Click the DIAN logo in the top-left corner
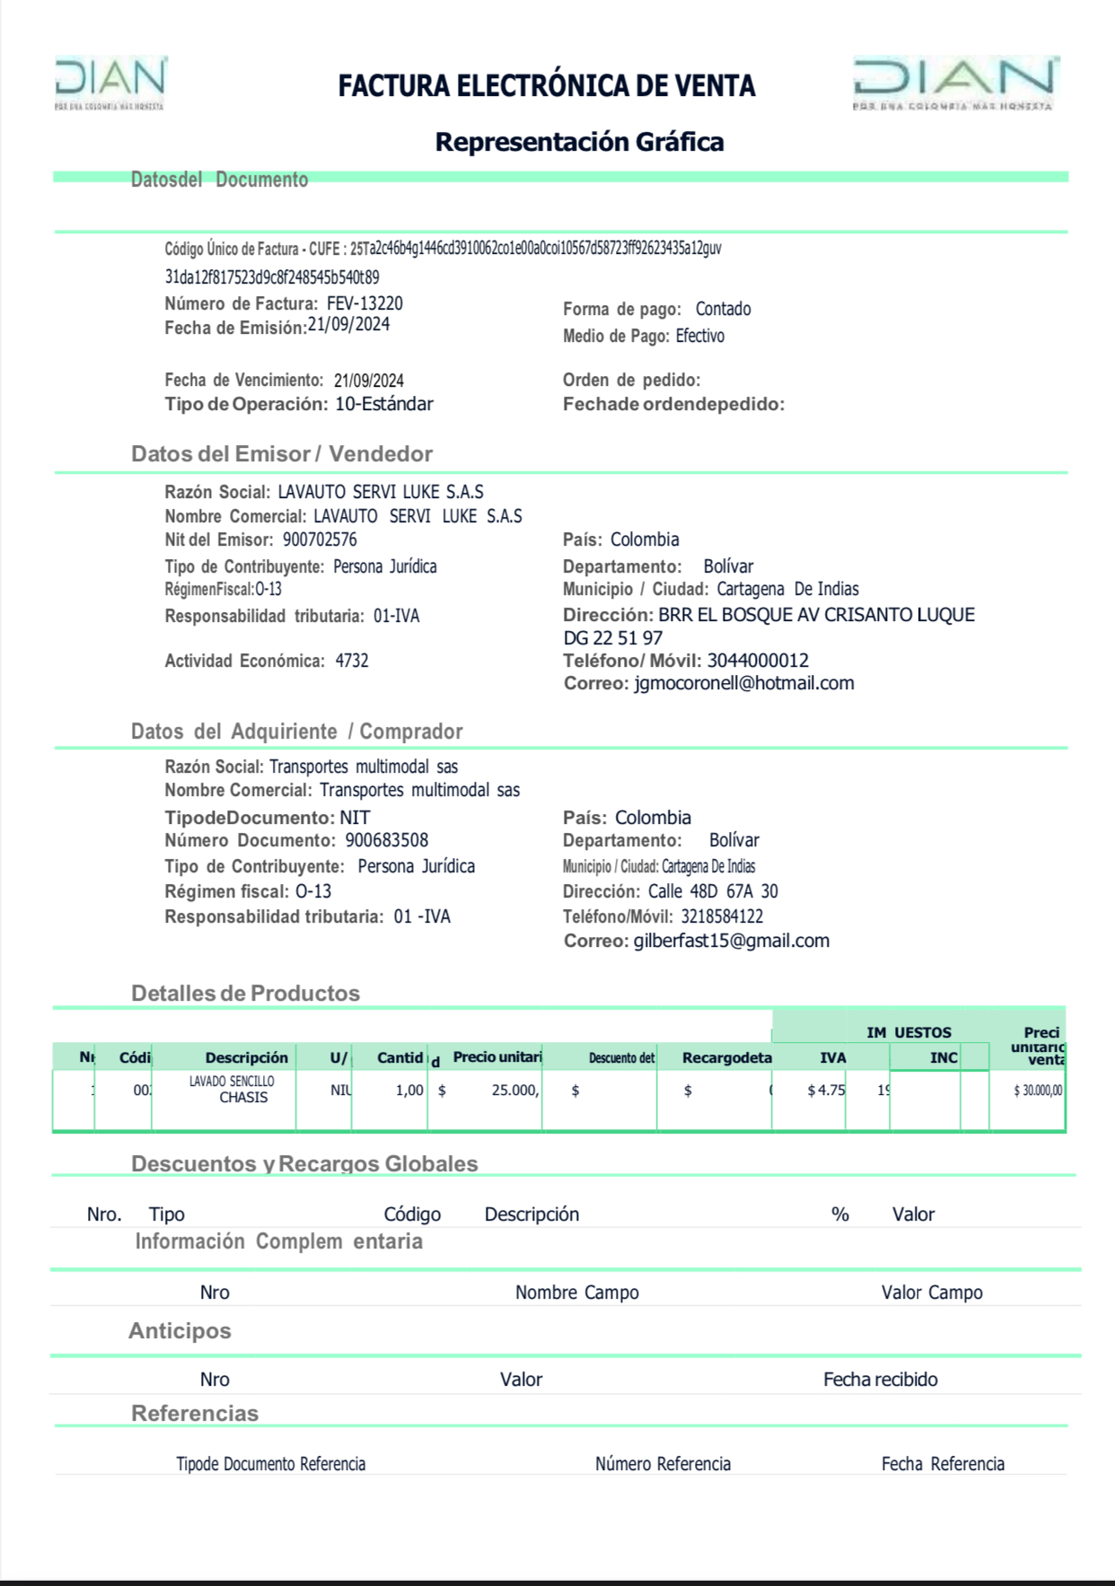click(x=110, y=82)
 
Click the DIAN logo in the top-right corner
click(x=955, y=83)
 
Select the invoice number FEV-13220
click(x=364, y=304)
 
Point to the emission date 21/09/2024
click(x=348, y=325)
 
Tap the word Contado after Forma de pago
click(x=723, y=310)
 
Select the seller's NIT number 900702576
click(x=320, y=540)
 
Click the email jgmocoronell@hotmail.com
click(x=743, y=684)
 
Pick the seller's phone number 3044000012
click(x=758, y=662)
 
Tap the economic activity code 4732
click(x=352, y=662)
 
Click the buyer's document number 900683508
click(x=387, y=841)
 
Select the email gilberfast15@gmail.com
click(x=731, y=942)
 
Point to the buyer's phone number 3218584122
click(x=722, y=917)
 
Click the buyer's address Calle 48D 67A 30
click(x=713, y=892)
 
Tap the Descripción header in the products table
click(x=246, y=1058)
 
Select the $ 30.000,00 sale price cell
click(x=1037, y=1091)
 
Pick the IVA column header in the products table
click(x=832, y=1058)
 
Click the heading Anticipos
click(x=180, y=1331)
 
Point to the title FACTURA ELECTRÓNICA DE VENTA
click(x=546, y=86)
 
